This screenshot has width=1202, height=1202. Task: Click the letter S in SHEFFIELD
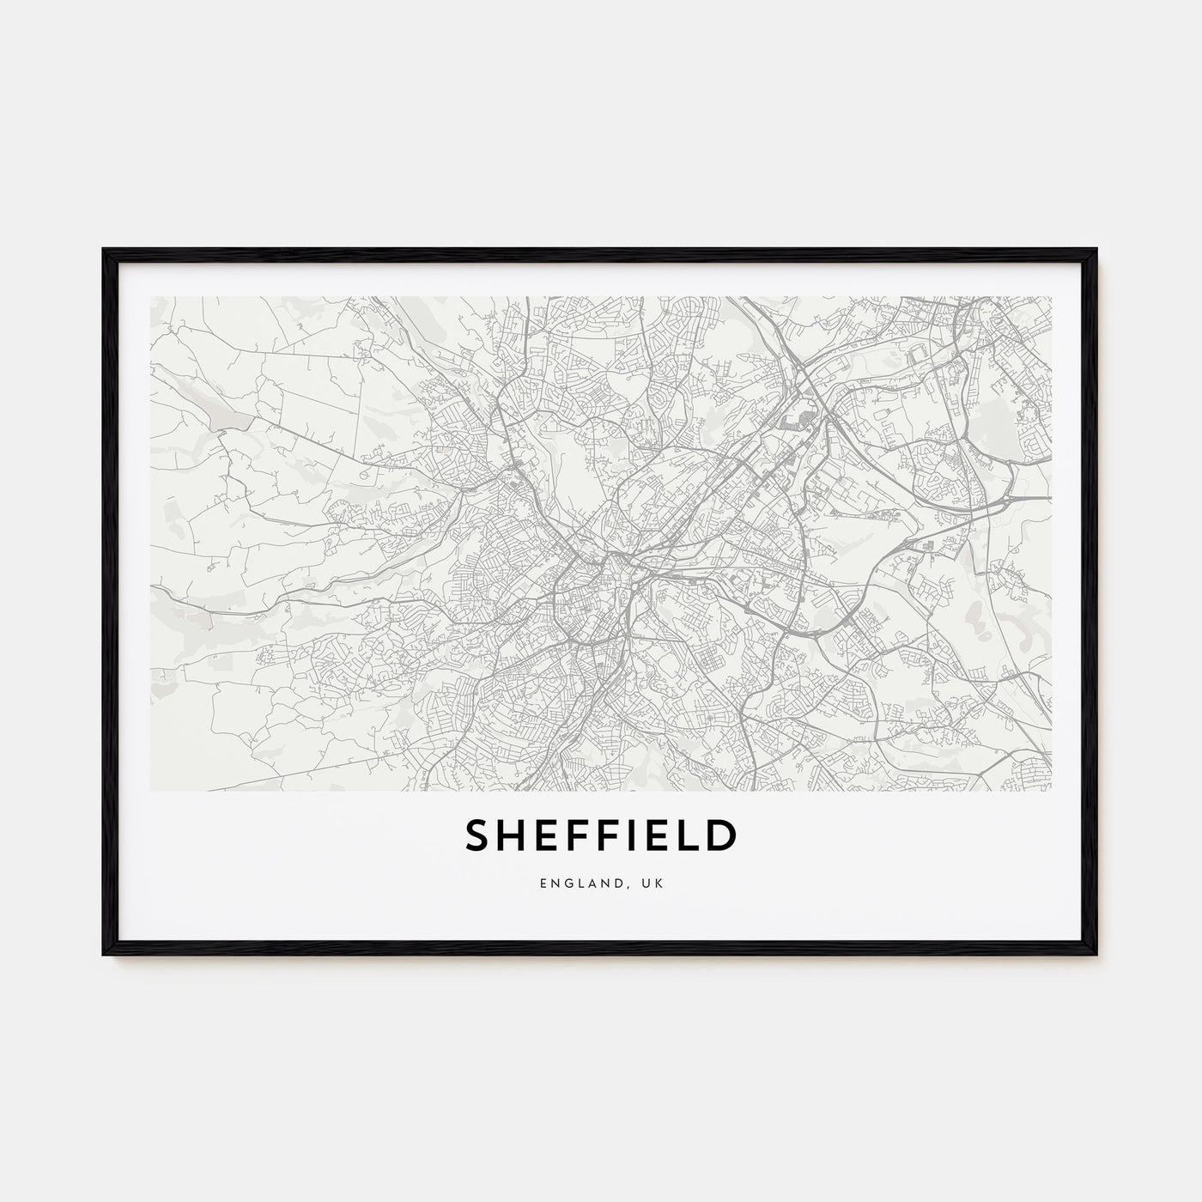477,837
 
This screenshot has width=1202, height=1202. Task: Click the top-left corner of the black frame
105,250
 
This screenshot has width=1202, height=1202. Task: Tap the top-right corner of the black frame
1096,250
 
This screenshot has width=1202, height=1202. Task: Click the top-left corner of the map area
150,297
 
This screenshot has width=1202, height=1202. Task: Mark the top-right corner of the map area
1051,297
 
